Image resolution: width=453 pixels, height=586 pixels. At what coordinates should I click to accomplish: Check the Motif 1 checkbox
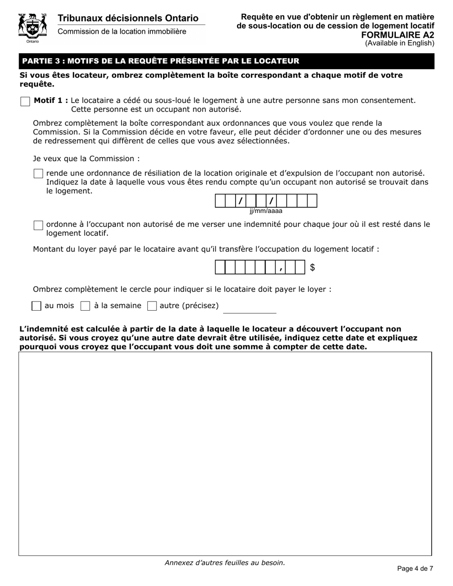25,102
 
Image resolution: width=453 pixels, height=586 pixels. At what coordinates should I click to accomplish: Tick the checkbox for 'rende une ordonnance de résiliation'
39,174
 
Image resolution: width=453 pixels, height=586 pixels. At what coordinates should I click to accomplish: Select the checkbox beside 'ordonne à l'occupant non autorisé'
39,225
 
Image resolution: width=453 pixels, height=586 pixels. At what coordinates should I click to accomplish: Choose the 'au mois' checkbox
36,306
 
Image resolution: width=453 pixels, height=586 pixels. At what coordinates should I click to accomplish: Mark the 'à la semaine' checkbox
85,306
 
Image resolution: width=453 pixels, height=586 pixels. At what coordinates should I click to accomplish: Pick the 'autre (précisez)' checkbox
152,306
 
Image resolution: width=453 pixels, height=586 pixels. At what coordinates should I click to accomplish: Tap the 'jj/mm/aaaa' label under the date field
266,211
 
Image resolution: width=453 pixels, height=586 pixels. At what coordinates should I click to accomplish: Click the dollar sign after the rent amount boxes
312,268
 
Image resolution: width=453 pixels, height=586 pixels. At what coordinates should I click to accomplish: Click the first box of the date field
220,201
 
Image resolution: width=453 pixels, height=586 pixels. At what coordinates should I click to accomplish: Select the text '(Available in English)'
400,43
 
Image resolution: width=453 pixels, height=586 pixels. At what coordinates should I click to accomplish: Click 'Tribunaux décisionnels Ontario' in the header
128,18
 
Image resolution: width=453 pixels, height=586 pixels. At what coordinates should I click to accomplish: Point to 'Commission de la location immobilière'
122,31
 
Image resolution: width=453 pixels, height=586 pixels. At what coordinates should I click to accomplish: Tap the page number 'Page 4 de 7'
415,568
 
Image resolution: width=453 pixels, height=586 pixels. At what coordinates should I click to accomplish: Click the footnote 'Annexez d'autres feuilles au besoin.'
225,563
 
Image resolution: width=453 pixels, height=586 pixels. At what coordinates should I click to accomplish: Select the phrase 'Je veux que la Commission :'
86,159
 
